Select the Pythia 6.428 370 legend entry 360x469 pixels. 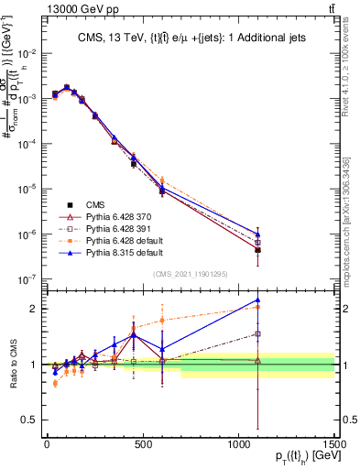pyautogui.click(x=108, y=216)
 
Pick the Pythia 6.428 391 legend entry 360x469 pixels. pyautogui.click(x=108, y=227)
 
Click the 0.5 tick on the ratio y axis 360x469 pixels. pyautogui.click(x=32, y=420)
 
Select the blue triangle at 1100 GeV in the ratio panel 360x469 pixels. pyautogui.click(x=258, y=300)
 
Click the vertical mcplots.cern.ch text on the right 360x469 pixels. pyautogui.click(x=352, y=211)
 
